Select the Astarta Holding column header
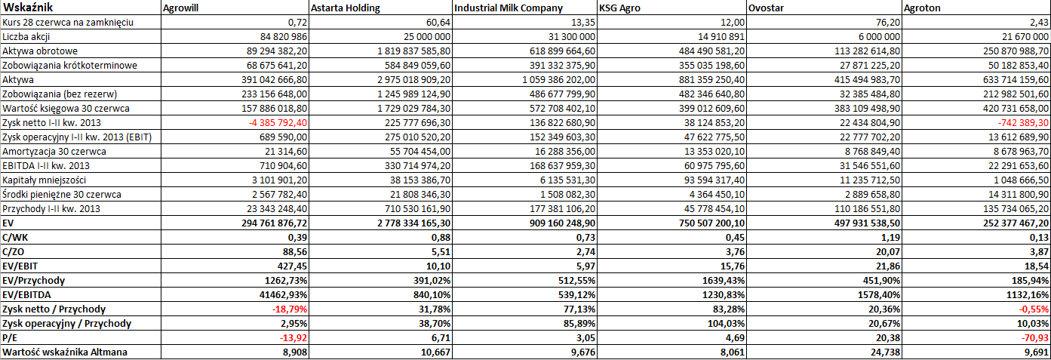click(346, 8)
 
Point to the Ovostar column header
click(766, 8)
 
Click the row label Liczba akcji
click(26, 37)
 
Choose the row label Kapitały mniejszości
click(44, 180)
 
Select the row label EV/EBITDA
click(26, 295)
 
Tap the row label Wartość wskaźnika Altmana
click(65, 352)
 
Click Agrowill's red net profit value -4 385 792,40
click(278, 123)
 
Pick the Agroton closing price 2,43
click(1039, 23)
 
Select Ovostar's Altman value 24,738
click(884, 352)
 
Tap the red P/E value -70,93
click(1034, 338)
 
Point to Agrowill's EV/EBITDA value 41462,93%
click(284, 295)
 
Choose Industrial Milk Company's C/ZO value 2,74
click(585, 251)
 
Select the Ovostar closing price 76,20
click(887, 23)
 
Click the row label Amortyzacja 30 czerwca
click(54, 152)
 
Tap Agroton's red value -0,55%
click(1034, 309)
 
